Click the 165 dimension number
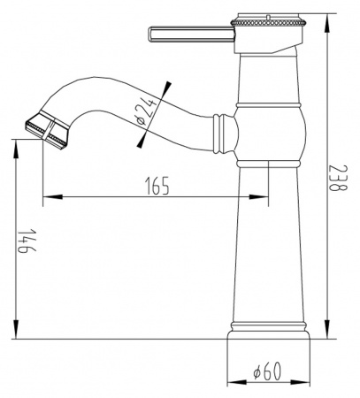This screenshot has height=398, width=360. [155, 186]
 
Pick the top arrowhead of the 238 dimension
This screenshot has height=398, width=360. [326, 18]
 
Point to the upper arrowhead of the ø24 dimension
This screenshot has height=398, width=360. [165, 88]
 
